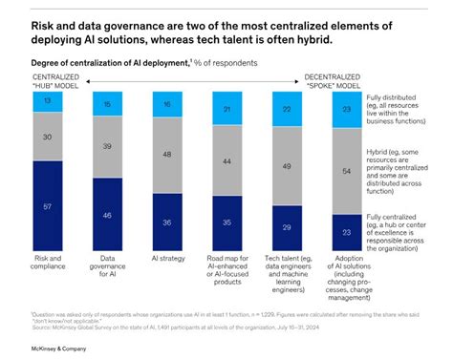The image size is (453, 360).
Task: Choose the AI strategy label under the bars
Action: point(167,259)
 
